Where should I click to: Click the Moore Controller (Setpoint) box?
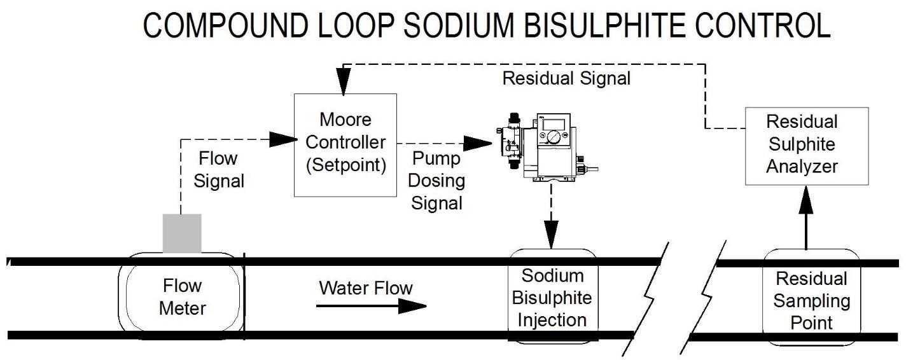click(345, 144)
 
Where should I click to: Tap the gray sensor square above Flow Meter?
click(182, 233)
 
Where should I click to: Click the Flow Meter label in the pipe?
click(183, 297)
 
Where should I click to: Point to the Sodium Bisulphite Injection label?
click(552, 297)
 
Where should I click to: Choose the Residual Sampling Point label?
click(811, 300)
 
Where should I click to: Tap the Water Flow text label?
click(365, 287)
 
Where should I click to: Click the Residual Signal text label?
click(566, 79)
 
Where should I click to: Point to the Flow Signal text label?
click(219, 169)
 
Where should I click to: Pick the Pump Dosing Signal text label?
click(436, 180)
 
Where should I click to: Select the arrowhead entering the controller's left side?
click(284, 138)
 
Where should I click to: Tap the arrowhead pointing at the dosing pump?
click(481, 143)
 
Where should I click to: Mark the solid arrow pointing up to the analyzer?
click(806, 219)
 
